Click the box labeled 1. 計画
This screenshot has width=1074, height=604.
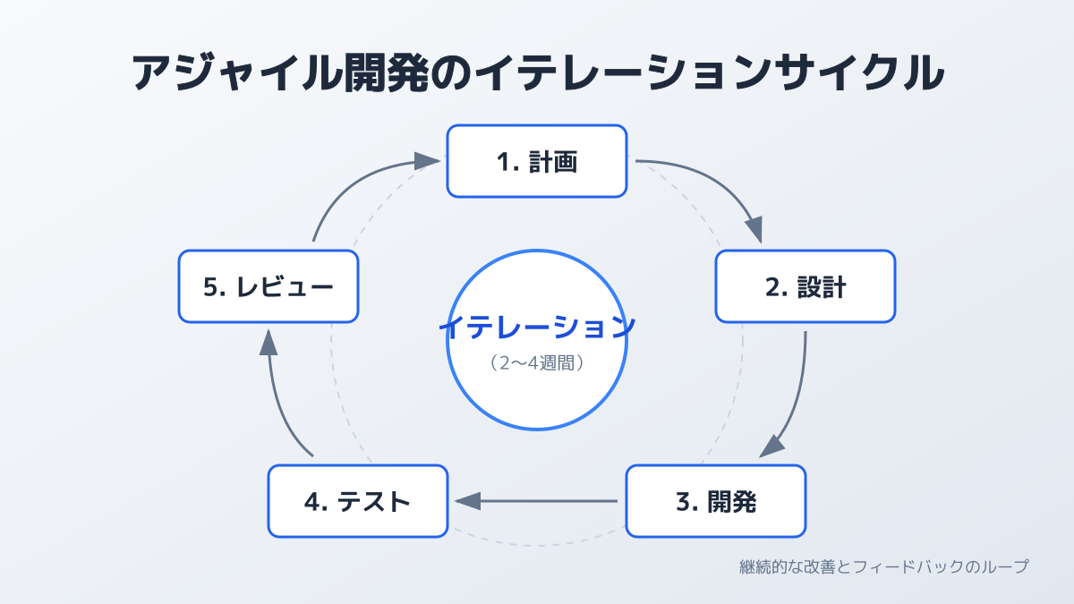point(536,161)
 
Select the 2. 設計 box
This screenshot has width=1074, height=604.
point(805,286)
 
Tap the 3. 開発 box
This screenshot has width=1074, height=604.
point(715,501)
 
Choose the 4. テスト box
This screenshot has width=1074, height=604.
point(357,501)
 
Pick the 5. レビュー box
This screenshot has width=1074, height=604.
point(268,286)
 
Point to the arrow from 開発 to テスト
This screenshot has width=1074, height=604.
point(537,501)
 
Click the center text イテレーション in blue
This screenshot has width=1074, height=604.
point(537,327)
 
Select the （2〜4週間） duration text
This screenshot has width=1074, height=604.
point(537,363)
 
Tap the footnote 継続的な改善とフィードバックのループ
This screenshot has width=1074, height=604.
point(883,566)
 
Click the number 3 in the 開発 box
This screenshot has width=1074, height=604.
point(682,502)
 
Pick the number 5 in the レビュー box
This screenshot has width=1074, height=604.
point(211,287)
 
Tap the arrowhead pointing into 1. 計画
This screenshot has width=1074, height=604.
point(428,161)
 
